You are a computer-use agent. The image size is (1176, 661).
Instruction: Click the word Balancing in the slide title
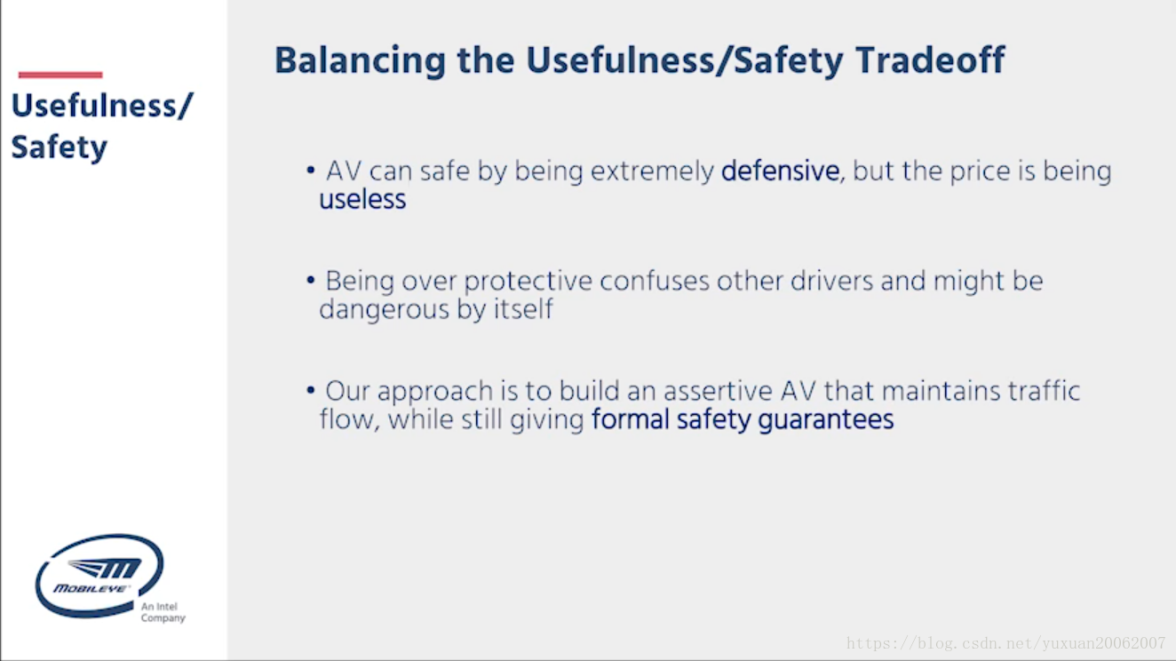click(x=361, y=62)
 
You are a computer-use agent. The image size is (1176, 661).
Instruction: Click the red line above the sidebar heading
click(x=60, y=75)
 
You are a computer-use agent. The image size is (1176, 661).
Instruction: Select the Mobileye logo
click(x=99, y=576)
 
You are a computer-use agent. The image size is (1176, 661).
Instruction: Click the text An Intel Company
click(x=163, y=612)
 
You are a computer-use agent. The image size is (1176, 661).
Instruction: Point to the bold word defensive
click(x=780, y=171)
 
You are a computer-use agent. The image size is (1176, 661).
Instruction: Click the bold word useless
click(x=362, y=200)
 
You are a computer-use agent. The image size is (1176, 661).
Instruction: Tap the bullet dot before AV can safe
click(x=311, y=170)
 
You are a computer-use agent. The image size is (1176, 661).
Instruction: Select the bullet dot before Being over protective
click(x=311, y=281)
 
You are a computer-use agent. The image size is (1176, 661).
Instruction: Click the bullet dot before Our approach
click(x=311, y=391)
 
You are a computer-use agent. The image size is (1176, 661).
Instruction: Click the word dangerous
click(x=385, y=310)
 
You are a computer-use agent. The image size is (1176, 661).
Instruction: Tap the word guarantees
click(x=826, y=420)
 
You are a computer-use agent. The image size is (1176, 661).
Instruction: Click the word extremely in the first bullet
click(x=652, y=171)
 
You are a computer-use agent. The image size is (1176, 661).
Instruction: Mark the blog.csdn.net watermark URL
click(x=1005, y=643)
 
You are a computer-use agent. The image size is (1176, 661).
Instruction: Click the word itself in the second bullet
click(x=523, y=308)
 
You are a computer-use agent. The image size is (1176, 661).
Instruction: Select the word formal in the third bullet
click(x=630, y=419)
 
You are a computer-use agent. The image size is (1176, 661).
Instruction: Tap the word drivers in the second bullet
click(x=831, y=281)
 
